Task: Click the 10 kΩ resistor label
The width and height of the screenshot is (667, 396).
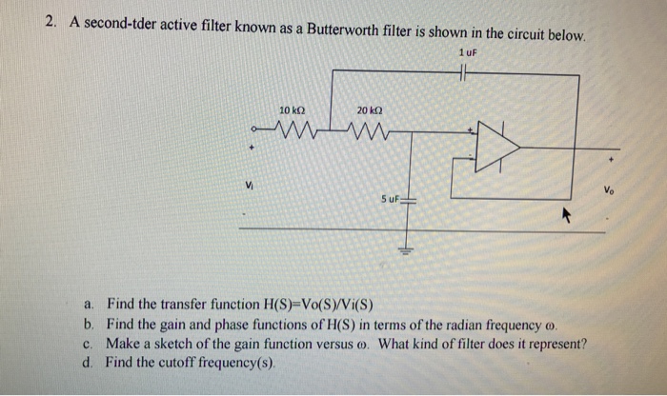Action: (x=292, y=111)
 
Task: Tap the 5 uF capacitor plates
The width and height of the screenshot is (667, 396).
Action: (x=411, y=200)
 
